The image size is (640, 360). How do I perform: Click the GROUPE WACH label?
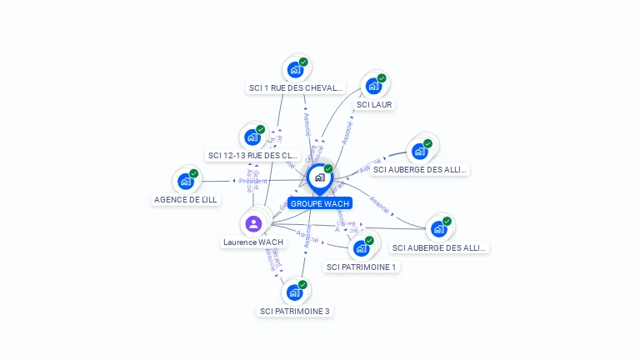(x=320, y=203)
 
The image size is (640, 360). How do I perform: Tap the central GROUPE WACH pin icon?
(x=319, y=177)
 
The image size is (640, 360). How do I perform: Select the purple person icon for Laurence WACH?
(x=253, y=223)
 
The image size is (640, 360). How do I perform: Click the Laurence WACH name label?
(x=253, y=242)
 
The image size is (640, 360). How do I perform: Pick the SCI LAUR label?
(x=374, y=105)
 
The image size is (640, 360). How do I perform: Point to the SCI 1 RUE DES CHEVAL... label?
(x=295, y=87)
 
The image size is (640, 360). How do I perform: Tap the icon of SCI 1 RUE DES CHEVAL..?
(x=295, y=69)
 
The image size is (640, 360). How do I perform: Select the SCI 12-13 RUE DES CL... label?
(x=252, y=155)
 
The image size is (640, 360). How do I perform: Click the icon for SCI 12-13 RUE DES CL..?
(x=252, y=137)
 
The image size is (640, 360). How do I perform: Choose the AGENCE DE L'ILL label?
(x=186, y=200)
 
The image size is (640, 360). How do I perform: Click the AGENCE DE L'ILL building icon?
(x=186, y=181)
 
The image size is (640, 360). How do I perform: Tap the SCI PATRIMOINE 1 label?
(x=362, y=267)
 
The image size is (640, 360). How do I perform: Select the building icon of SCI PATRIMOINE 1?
(x=361, y=247)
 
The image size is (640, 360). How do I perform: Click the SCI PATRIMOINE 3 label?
(x=295, y=312)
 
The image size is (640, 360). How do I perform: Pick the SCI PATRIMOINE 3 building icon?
(x=294, y=292)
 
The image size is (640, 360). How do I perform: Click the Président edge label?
(x=253, y=181)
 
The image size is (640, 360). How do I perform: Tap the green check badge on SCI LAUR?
(x=382, y=78)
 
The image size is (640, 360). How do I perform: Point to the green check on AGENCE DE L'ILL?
(x=194, y=173)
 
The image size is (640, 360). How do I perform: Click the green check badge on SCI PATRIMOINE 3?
(x=302, y=285)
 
